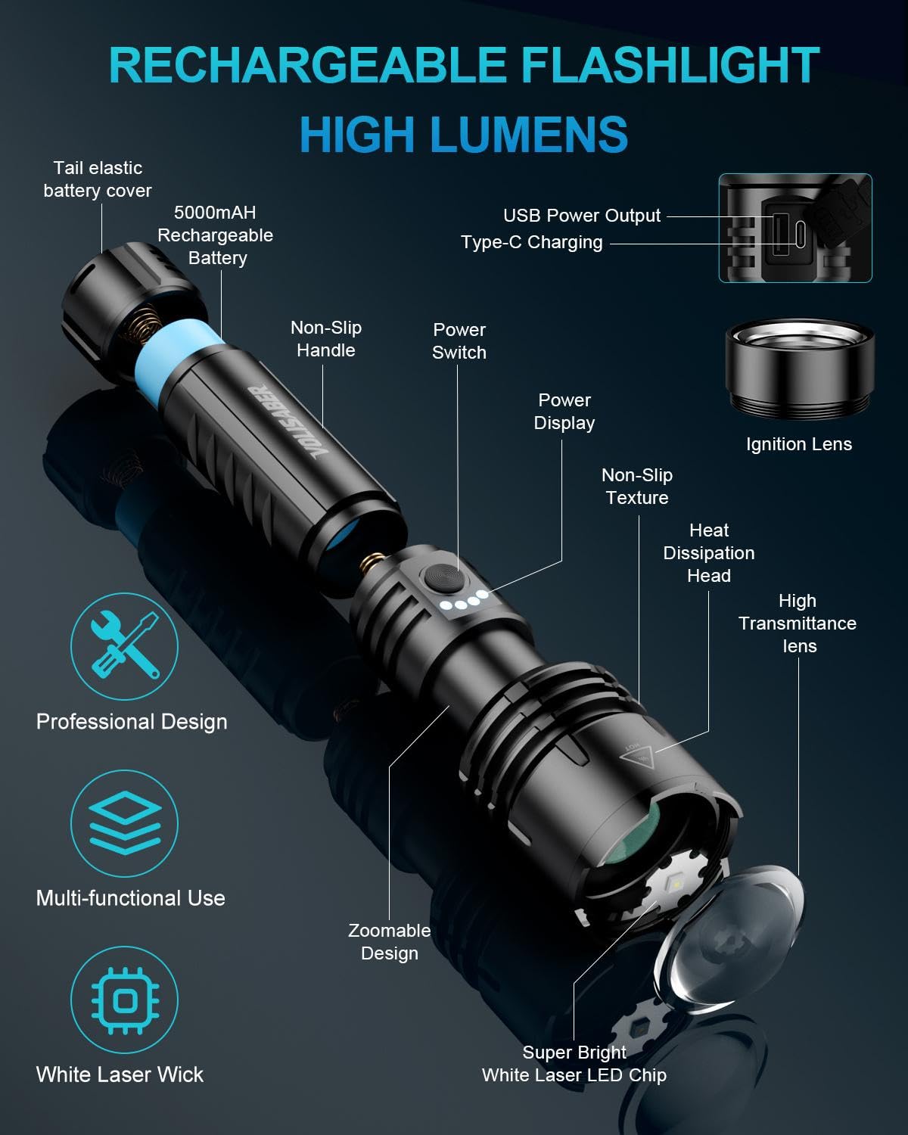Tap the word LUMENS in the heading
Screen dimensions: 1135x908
[x=529, y=135]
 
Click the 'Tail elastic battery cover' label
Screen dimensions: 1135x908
[x=98, y=179]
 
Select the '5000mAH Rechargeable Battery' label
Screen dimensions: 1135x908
[x=216, y=235]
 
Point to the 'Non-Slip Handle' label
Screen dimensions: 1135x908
[x=326, y=339]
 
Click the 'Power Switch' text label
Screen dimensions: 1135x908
[x=459, y=341]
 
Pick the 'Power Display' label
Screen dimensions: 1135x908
[x=564, y=412]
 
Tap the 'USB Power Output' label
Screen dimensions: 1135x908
[x=582, y=216]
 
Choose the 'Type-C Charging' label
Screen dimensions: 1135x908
[x=532, y=242]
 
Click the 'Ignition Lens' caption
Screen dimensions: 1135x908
[x=799, y=444]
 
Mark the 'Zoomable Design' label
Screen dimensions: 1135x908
[x=389, y=942]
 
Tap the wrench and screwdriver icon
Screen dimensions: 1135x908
[x=125, y=646]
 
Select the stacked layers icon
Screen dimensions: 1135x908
[x=125, y=823]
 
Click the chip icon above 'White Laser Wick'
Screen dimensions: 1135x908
[x=125, y=1000]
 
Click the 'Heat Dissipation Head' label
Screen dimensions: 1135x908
[x=709, y=553]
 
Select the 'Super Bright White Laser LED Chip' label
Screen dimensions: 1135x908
[x=574, y=1064]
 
